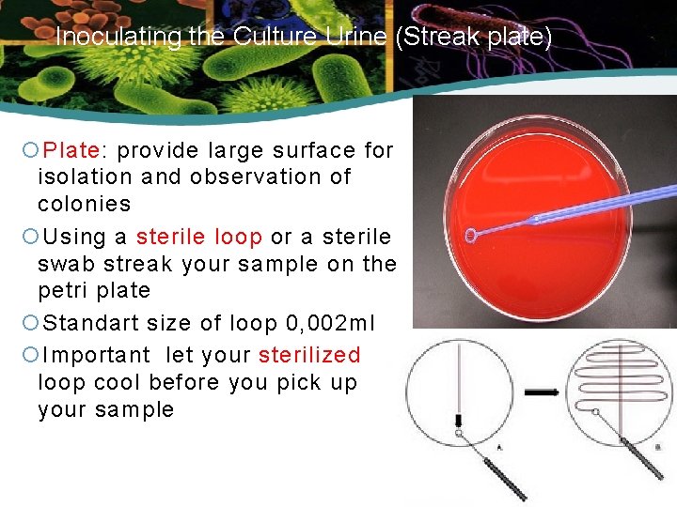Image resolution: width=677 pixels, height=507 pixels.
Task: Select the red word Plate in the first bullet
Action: (75, 150)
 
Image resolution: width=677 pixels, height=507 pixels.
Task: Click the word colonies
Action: (84, 204)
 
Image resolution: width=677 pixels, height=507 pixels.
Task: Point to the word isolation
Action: (86, 177)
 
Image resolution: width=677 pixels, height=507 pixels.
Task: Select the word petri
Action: (62, 290)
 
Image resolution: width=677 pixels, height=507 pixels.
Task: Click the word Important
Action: (97, 355)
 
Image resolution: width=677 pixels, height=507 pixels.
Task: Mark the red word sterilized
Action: (309, 355)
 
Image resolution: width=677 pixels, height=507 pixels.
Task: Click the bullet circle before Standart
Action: (30, 324)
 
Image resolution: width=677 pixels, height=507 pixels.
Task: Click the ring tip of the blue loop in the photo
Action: (471, 235)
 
